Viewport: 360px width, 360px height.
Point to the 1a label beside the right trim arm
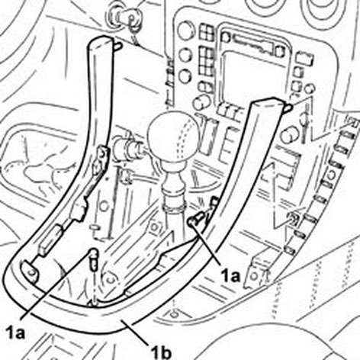(x=230, y=275)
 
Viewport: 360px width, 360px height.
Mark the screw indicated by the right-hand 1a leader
(x=196, y=219)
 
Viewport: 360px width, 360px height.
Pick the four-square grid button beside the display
(x=206, y=32)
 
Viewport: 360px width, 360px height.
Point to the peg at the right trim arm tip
(x=288, y=108)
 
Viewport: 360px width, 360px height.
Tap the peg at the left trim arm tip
(x=117, y=46)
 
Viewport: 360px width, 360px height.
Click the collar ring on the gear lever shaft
(x=175, y=208)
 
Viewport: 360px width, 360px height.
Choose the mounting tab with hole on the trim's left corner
(x=30, y=272)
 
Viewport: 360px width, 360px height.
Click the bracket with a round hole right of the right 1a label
(x=257, y=273)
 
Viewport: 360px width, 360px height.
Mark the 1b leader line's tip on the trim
(x=121, y=321)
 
